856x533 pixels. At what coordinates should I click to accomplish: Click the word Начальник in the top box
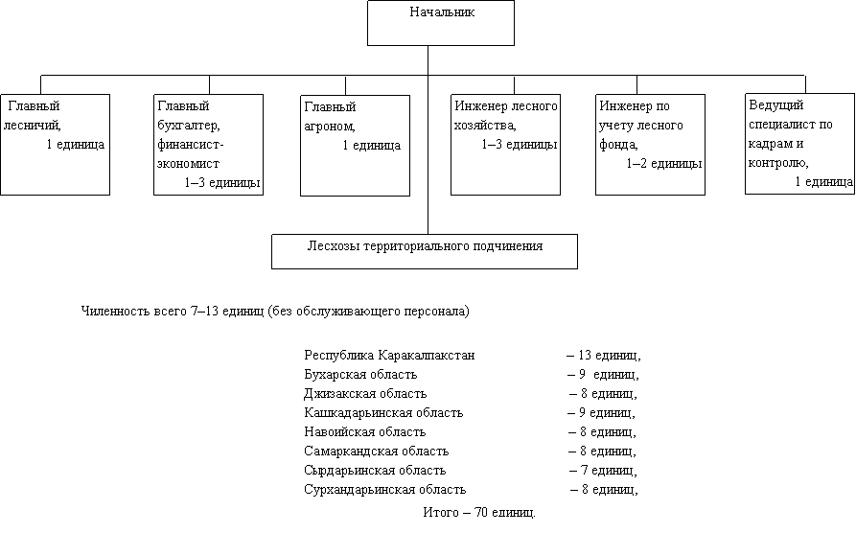point(442,12)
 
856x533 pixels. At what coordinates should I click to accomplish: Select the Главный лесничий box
point(56,145)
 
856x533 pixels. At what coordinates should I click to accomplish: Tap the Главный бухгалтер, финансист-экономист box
point(209,145)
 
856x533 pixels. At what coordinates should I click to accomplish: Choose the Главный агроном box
point(356,146)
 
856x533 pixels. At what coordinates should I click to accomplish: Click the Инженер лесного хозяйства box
point(505,145)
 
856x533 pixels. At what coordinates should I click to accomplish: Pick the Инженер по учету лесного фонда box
point(650,145)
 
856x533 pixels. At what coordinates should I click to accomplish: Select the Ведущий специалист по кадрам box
point(800,144)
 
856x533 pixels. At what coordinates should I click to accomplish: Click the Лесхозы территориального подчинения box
point(425,252)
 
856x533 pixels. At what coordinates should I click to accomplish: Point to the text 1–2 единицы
point(664,164)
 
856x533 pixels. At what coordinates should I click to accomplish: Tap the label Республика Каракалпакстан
point(389,356)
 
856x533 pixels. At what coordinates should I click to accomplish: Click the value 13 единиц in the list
point(610,356)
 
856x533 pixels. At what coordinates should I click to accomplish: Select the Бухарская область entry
point(360,375)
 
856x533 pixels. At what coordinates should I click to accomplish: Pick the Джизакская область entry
point(365,394)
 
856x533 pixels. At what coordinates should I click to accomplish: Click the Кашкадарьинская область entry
point(383,413)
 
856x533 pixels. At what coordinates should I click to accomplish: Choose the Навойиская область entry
point(364,432)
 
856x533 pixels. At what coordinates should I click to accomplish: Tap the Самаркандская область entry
point(376,452)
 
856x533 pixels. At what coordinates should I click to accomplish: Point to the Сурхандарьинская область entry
point(385,489)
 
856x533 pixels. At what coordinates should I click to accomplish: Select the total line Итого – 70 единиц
point(479,512)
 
